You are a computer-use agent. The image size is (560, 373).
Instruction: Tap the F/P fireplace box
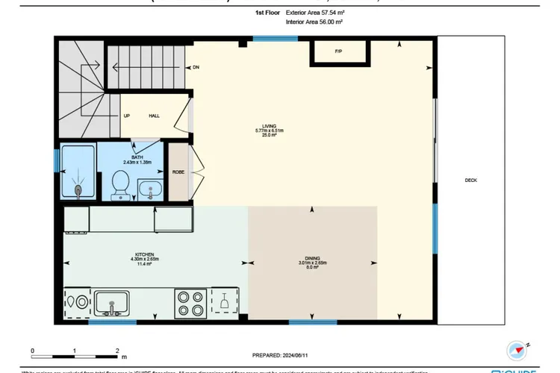(338, 52)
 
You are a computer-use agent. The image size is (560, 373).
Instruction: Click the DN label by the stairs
(196, 66)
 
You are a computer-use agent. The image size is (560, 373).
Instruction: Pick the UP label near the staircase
(127, 116)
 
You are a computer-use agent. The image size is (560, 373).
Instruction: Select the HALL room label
(154, 116)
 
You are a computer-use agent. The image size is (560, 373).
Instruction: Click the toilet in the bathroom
(119, 185)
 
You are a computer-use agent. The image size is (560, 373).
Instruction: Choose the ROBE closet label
(178, 172)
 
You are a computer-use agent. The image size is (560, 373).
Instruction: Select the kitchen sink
(111, 303)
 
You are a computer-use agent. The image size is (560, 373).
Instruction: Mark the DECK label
(470, 181)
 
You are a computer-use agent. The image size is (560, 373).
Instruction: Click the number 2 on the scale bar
(117, 349)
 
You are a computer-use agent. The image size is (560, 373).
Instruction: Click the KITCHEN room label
(144, 254)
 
